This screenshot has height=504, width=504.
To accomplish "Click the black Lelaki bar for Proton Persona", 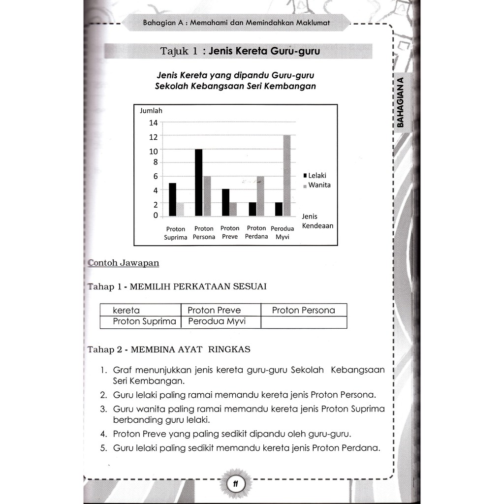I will (x=199, y=182).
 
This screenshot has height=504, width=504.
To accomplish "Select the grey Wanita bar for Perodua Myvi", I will (x=287, y=175).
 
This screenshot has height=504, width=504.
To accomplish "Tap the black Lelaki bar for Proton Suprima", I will (x=172, y=199).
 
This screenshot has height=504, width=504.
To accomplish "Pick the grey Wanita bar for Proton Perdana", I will (x=260, y=196).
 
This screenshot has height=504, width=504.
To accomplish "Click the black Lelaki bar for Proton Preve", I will (x=225, y=202).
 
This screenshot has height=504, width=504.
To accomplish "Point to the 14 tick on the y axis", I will (x=154, y=123).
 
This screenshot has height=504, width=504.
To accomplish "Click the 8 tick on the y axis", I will (x=155, y=161).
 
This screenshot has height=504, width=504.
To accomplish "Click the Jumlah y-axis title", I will (x=151, y=111).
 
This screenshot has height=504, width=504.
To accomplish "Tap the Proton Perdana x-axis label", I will (x=256, y=232).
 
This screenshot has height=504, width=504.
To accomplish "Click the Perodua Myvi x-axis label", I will (x=283, y=233).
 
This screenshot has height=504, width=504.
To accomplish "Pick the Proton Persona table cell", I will (x=303, y=310).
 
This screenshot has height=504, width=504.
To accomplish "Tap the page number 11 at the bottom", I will (x=236, y=484).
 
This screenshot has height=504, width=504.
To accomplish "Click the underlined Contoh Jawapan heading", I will (x=123, y=263).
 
